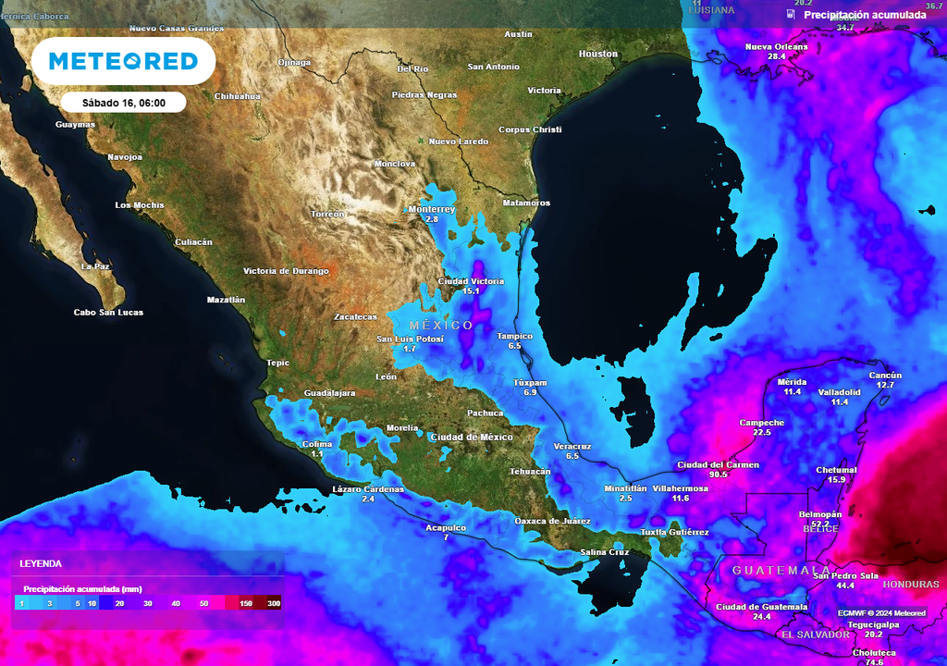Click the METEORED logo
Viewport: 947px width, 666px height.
(x=123, y=61)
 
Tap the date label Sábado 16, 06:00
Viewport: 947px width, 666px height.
(x=124, y=103)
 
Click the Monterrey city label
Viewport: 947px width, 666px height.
(x=432, y=209)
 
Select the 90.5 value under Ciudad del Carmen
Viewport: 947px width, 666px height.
(x=718, y=474)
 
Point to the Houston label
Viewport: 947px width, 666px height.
(x=597, y=54)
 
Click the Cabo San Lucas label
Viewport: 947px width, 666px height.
(x=108, y=313)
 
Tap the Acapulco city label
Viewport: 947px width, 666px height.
(x=446, y=527)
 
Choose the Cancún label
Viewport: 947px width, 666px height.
(x=885, y=375)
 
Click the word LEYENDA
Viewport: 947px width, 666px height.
(x=41, y=563)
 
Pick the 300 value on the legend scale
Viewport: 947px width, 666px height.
(x=274, y=603)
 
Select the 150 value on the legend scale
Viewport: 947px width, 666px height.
(x=246, y=603)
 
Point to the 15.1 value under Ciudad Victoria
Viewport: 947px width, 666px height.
(x=472, y=291)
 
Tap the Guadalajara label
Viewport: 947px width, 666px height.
(x=329, y=393)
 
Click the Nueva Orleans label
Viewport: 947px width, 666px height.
(x=776, y=46)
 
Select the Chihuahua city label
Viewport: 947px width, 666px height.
(x=238, y=96)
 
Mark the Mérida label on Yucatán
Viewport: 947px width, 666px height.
(x=793, y=381)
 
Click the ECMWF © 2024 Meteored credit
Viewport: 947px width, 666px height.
(x=881, y=613)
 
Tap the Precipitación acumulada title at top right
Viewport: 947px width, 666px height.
(x=865, y=15)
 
